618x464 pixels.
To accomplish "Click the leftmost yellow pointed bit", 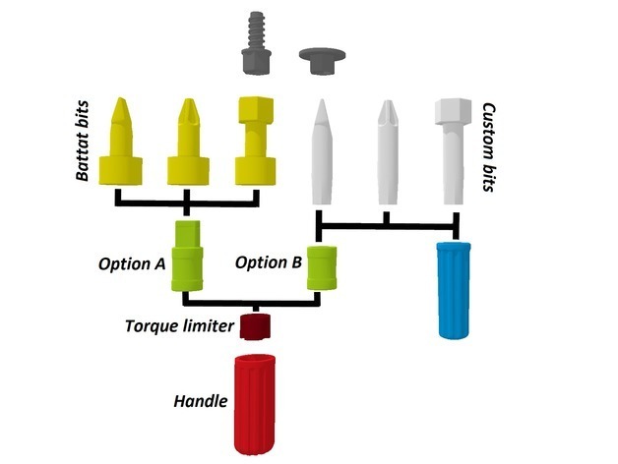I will coord(123,145).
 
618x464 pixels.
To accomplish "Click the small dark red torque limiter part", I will coord(258,323).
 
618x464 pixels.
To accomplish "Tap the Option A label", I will coord(132,263).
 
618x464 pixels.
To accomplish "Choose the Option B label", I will coord(269,263).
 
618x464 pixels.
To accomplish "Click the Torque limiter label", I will coord(179,325).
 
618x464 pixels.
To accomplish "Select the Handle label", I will coord(201,401).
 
